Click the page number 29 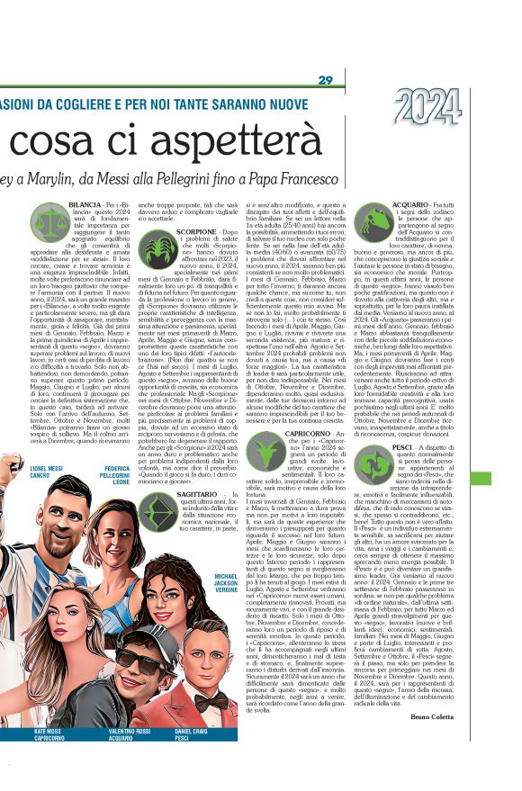[326, 82]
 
